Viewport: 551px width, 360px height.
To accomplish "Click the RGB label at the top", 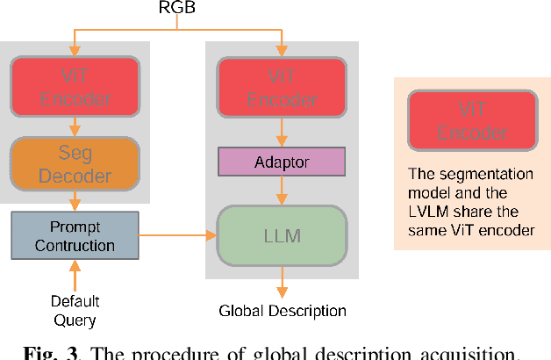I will (x=176, y=8).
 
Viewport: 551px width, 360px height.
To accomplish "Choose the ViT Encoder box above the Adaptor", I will (x=282, y=86).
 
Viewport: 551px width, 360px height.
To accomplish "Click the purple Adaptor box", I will (x=282, y=162).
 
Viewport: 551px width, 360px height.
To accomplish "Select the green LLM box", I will (x=282, y=234).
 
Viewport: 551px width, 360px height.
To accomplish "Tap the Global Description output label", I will (x=282, y=311).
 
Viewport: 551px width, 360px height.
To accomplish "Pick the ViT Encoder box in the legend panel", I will (x=472, y=121).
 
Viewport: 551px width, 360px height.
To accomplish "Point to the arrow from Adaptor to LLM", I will (x=282, y=190).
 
